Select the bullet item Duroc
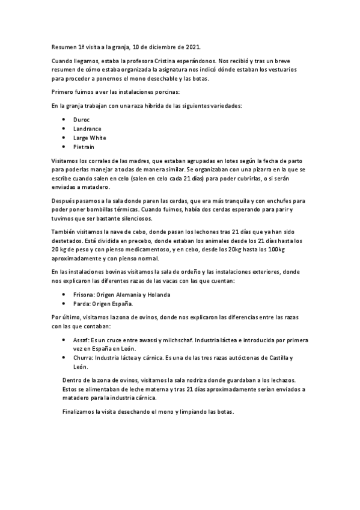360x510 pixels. (82, 120)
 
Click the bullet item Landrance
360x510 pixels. (87, 129)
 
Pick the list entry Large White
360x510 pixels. (90, 138)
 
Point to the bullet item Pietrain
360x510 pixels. (84, 147)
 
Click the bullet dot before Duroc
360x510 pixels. (64, 120)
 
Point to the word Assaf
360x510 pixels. (81, 340)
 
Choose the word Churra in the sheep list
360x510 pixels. (83, 358)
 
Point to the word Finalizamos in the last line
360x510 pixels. (82, 412)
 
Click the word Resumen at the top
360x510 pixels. (64, 47)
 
